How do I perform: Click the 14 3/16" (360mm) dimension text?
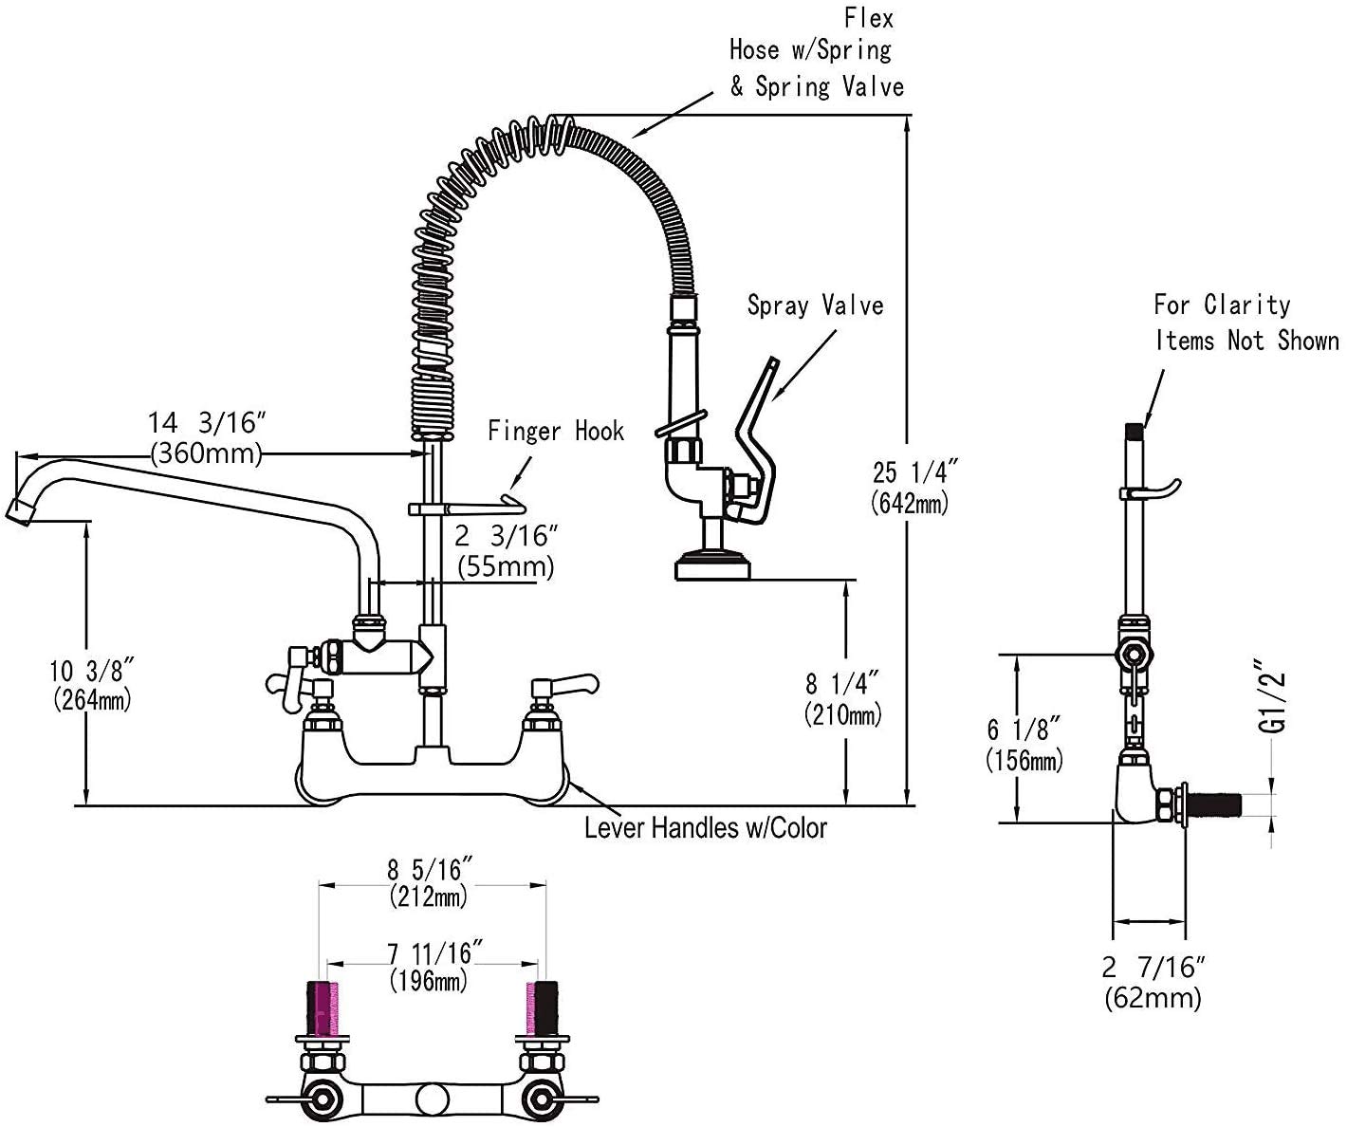[206, 436]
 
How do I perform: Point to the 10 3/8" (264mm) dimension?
[91, 685]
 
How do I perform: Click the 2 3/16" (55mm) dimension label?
[504, 551]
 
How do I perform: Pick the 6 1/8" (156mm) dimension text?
[1024, 744]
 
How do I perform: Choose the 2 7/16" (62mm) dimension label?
[1153, 982]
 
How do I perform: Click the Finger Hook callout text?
[556, 432]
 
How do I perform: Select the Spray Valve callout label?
[815, 305]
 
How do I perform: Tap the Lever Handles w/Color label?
[705, 828]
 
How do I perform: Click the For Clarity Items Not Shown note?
[1246, 323]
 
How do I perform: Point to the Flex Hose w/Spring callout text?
[816, 53]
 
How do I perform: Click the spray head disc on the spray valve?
[710, 569]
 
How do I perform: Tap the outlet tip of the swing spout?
[21, 512]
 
